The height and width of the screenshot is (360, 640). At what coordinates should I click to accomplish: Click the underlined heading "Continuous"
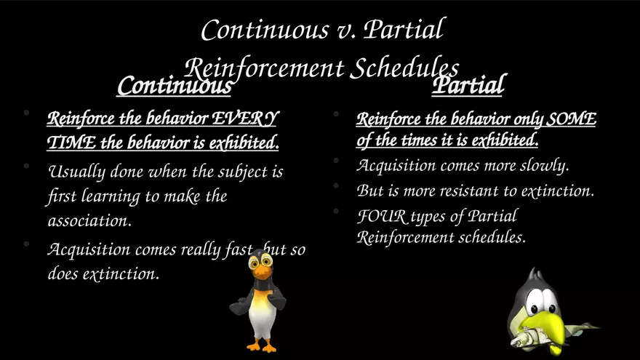[x=175, y=86]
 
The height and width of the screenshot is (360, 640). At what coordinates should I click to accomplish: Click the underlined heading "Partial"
[x=468, y=84]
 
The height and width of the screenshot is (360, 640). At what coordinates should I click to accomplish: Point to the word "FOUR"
[x=382, y=216]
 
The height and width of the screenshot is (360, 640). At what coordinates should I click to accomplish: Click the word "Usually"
[x=77, y=172]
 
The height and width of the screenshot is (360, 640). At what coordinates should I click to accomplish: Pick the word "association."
[x=89, y=221]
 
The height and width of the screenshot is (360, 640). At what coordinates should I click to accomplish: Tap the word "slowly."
[x=545, y=165]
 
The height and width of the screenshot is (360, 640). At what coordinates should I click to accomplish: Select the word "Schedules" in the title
[x=404, y=68]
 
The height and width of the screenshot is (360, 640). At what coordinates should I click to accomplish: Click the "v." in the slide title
[x=345, y=31]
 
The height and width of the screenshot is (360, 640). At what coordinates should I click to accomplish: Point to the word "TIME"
[x=71, y=143]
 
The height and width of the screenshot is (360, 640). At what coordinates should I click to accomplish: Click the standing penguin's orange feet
[x=262, y=346]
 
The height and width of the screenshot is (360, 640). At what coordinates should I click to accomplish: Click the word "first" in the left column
[x=62, y=196]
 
